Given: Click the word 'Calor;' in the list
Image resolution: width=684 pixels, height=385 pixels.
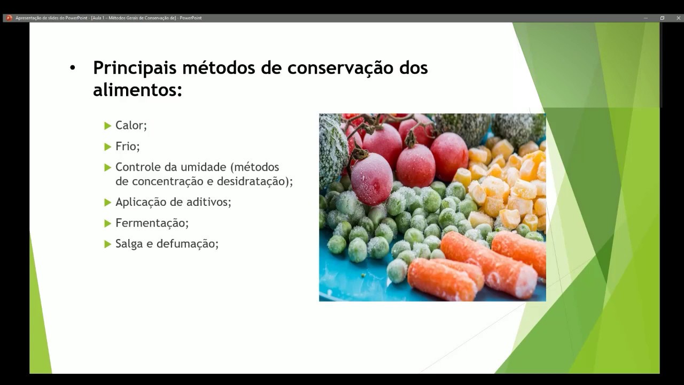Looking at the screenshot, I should [x=131, y=126].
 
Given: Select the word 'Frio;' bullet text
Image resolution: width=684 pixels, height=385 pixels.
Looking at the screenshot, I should [x=127, y=147].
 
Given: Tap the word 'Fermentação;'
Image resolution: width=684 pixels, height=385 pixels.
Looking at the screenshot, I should [x=152, y=223].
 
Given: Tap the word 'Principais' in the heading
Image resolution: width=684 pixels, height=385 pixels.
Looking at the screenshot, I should [x=135, y=68].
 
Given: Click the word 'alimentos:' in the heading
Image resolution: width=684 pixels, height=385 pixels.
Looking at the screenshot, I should [x=137, y=90].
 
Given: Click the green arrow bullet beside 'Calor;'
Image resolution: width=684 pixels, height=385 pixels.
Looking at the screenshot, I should [x=107, y=126].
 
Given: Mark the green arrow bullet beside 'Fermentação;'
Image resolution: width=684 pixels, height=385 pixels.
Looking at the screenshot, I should [x=107, y=223].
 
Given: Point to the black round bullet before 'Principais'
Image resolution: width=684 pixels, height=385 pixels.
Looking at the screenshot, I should [x=73, y=68].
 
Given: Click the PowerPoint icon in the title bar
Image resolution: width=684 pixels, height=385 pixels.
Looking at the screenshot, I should [x=9, y=18].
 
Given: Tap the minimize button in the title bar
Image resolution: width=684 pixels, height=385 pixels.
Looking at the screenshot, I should [x=646, y=18].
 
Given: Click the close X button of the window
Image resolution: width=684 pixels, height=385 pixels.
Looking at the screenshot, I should [x=679, y=18].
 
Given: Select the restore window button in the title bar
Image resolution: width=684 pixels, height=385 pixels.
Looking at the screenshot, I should [x=662, y=18].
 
